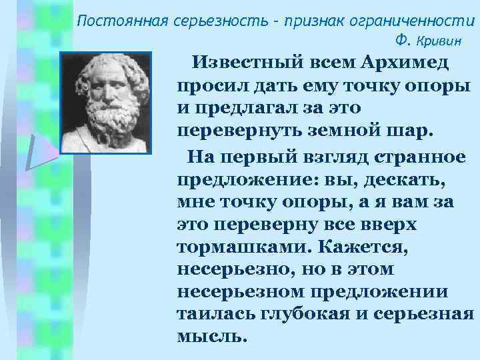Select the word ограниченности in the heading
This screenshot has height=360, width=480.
click(419, 19)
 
